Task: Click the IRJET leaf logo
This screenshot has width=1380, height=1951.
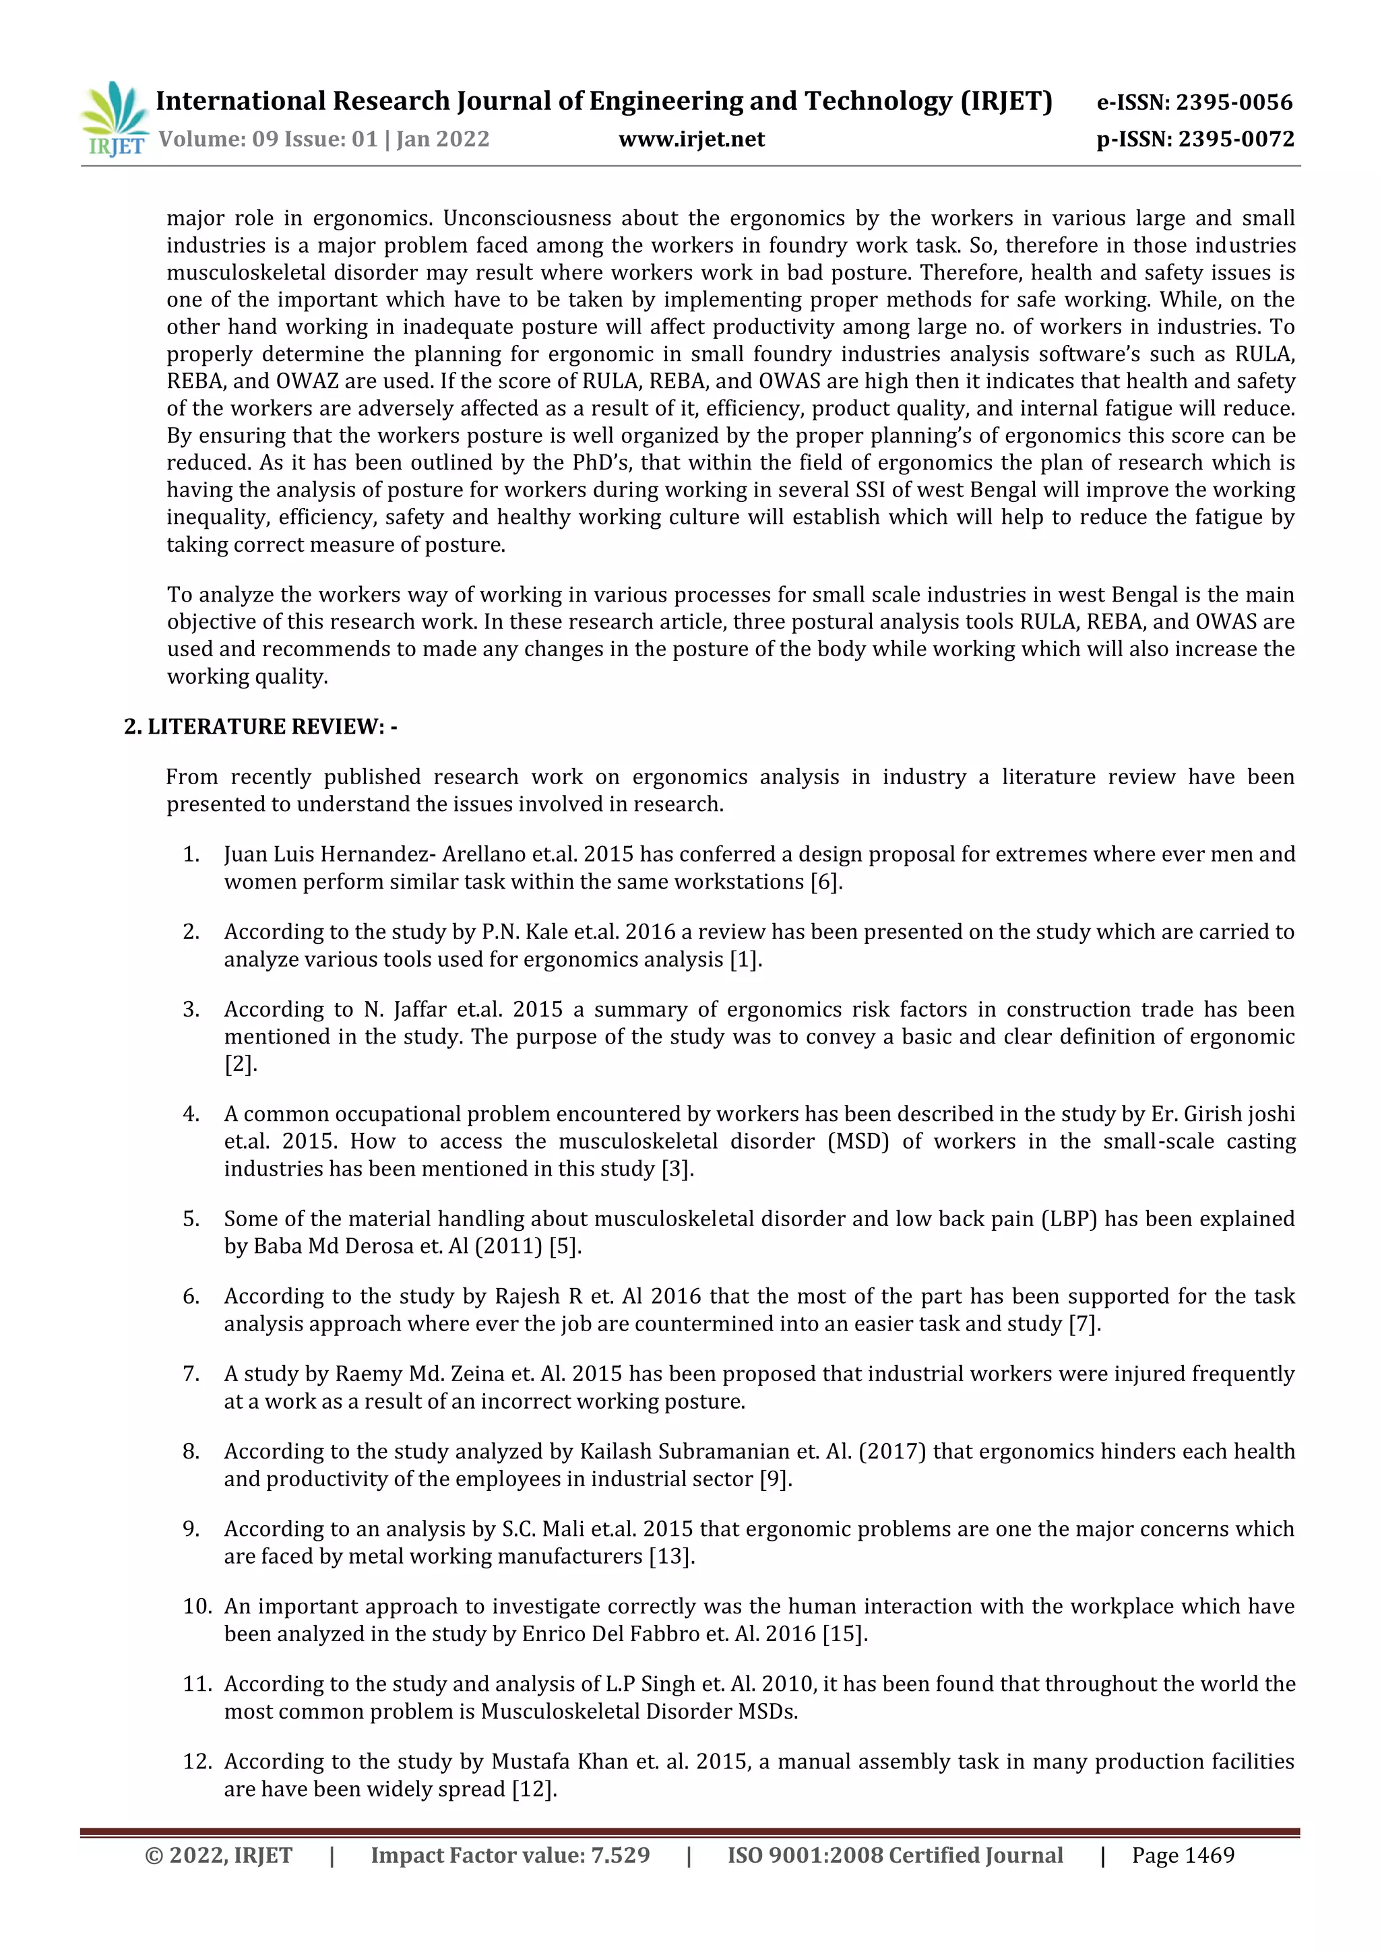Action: click(113, 119)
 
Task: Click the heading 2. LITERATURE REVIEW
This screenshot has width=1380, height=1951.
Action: click(260, 726)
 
